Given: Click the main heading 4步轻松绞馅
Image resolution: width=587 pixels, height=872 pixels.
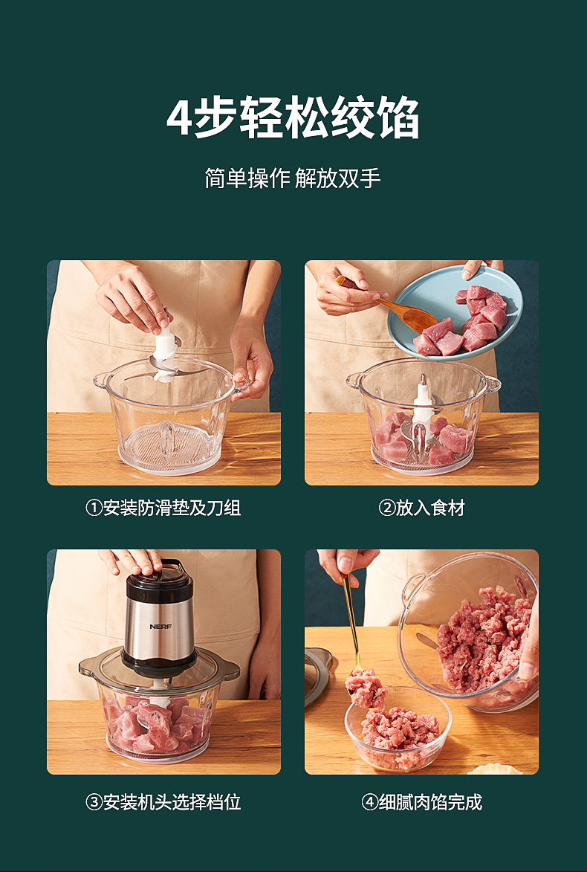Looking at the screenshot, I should pyautogui.click(x=293, y=117).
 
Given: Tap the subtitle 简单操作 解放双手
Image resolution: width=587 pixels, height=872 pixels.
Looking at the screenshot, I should pyautogui.click(x=293, y=178).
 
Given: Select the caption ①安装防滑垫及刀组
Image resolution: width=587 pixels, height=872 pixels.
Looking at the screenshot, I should pyautogui.click(x=163, y=508).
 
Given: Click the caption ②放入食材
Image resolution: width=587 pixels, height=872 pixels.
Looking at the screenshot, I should pyautogui.click(x=421, y=508).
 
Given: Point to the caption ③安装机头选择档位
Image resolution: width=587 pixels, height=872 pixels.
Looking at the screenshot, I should pyautogui.click(x=163, y=802).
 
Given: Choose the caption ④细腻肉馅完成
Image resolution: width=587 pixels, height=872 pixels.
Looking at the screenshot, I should pyautogui.click(x=421, y=802).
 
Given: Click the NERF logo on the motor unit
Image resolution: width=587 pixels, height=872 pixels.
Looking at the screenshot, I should pyautogui.click(x=160, y=626).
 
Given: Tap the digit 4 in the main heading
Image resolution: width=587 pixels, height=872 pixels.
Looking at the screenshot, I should pyautogui.click(x=179, y=117).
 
